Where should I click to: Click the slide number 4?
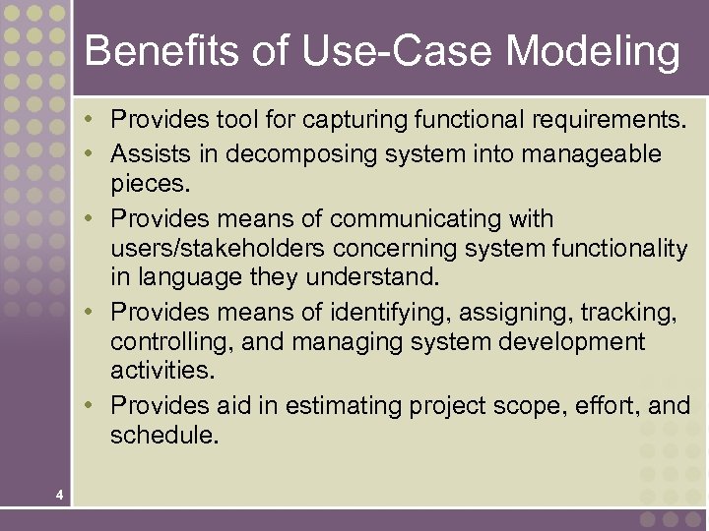click(x=60, y=495)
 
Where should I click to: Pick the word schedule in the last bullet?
click(x=162, y=435)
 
